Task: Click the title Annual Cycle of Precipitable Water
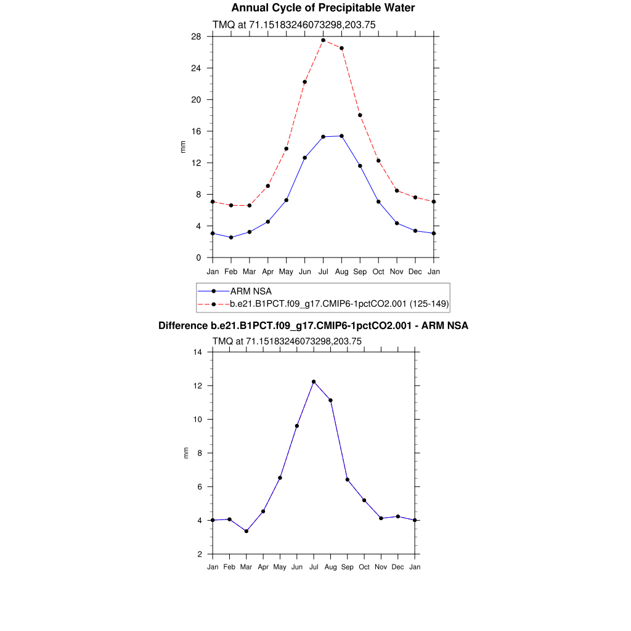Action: pyautogui.click(x=323, y=8)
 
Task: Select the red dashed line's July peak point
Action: pyautogui.click(x=323, y=40)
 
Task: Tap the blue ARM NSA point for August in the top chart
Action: pyautogui.click(x=341, y=136)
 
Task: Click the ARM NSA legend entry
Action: pyautogui.click(x=251, y=291)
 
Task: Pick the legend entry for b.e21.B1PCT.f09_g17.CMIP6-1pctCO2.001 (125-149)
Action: pyautogui.click(x=339, y=304)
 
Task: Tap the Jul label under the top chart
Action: pyautogui.click(x=323, y=271)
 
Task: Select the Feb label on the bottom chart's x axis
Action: pyautogui.click(x=229, y=567)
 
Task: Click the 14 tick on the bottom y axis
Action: pyautogui.click(x=198, y=352)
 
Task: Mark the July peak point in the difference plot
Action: pyautogui.click(x=314, y=381)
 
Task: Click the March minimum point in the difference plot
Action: pyautogui.click(x=246, y=531)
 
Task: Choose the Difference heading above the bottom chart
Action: pyautogui.click(x=313, y=326)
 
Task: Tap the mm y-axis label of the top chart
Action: pyautogui.click(x=183, y=147)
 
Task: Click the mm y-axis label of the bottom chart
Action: pyautogui.click(x=187, y=453)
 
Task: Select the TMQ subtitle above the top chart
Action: pyautogui.click(x=294, y=25)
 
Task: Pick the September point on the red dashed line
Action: pyautogui.click(x=360, y=115)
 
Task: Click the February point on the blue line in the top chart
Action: pyautogui.click(x=230, y=237)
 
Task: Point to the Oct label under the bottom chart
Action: pyautogui.click(x=364, y=567)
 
